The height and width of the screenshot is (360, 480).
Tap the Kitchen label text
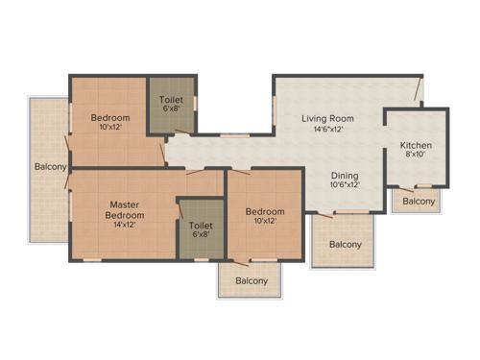tap(417, 146)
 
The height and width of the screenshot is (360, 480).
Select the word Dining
tap(345, 176)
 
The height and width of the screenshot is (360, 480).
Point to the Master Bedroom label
tap(126, 209)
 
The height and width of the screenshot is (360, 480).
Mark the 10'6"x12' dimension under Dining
tap(345, 186)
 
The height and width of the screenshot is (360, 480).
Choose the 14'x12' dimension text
tap(126, 226)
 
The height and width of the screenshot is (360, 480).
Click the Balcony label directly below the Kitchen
tap(419, 202)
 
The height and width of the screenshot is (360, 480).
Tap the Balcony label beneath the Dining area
tap(346, 245)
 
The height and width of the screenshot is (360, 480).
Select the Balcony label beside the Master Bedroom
tap(50, 168)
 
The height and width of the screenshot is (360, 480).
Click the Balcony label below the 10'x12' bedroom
tap(252, 281)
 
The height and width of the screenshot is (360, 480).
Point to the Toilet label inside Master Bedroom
tap(200, 226)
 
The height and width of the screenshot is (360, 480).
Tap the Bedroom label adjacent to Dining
tap(264, 212)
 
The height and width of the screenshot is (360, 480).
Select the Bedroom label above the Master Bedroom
tap(110, 118)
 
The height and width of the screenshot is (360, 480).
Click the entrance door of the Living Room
tap(419, 90)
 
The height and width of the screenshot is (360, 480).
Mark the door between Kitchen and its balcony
tap(419, 185)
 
